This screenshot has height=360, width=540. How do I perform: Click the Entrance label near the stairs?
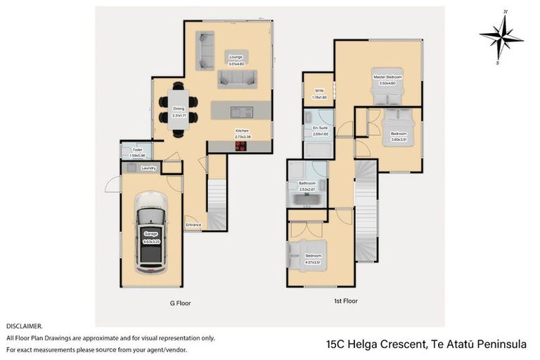click(193, 225)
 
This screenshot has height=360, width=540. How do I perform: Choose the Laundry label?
click(148, 168)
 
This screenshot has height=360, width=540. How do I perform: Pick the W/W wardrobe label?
click(319, 91)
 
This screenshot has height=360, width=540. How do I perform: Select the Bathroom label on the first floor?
click(307, 184)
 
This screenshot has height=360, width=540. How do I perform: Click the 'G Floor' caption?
click(180, 303)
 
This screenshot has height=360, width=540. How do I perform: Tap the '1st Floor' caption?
click(345, 301)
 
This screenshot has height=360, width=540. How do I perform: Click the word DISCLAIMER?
click(24, 326)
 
